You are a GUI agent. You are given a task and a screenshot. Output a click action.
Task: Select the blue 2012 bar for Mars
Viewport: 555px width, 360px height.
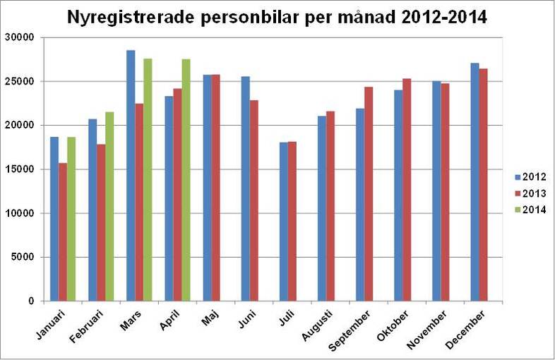[131, 176]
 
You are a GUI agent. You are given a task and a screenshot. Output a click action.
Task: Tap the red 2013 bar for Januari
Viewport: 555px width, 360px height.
[63, 232]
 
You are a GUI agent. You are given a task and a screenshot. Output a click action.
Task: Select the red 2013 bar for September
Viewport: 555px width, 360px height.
[369, 194]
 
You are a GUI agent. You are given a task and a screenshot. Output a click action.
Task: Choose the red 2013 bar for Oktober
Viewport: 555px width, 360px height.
[407, 190]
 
